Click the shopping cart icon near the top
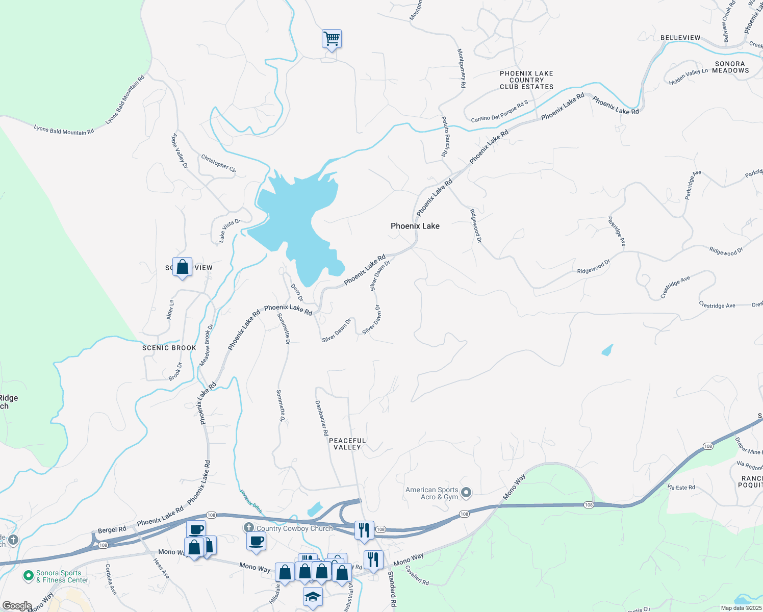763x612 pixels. (332, 39)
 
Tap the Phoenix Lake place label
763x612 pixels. (415, 226)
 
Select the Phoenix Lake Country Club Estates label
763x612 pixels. (526, 80)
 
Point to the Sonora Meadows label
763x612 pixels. (730, 67)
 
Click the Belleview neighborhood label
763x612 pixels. (680, 38)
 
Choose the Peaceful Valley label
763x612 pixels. (347, 444)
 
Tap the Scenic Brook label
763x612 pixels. (169, 348)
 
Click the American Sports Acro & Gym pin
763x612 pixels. (466, 493)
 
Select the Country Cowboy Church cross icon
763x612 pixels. (248, 527)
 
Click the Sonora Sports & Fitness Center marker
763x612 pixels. (28, 576)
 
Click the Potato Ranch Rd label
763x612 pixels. (446, 136)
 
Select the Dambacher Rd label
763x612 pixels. (322, 418)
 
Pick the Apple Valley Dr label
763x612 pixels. (180, 151)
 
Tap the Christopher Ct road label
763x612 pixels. (218, 163)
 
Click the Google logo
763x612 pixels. (17, 606)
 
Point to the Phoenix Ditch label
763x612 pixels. (250, 501)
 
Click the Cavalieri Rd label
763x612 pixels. (417, 575)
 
